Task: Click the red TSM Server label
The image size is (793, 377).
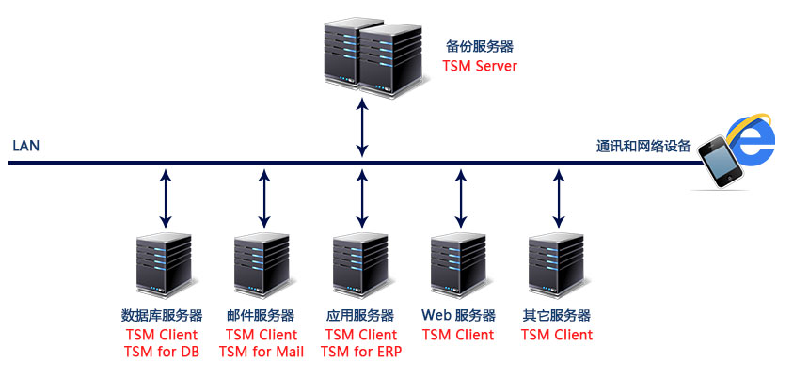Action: [x=480, y=66]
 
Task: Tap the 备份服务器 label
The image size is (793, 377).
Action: [x=480, y=46]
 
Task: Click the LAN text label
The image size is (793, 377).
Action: [x=25, y=147]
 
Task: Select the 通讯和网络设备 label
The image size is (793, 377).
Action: [x=643, y=147]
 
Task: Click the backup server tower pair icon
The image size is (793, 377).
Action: [x=363, y=56]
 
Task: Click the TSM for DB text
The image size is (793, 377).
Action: [x=162, y=352]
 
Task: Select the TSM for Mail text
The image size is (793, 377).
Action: [x=261, y=352]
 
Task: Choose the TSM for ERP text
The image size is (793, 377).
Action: [x=360, y=352]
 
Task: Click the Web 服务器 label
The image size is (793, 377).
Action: [x=458, y=316]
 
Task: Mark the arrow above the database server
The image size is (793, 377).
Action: [x=166, y=199]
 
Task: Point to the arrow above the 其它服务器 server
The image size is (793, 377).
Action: [x=559, y=199]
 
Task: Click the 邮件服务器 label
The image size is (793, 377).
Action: [x=261, y=316]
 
